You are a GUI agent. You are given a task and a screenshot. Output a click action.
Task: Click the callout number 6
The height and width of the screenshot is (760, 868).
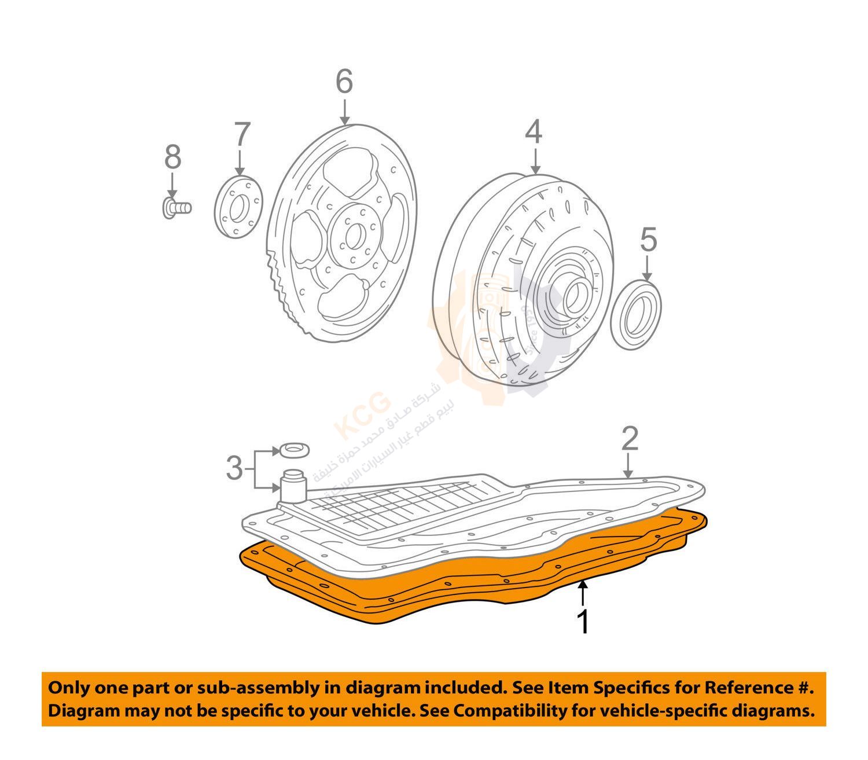(x=344, y=82)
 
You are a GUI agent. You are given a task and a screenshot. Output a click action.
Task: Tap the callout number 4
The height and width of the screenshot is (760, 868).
(x=534, y=132)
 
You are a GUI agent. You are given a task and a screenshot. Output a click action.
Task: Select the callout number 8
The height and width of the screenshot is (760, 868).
(x=172, y=157)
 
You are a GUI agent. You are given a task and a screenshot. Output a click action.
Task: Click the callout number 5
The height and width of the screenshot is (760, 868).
(x=648, y=240)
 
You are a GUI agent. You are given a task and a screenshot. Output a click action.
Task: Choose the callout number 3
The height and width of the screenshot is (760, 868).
(x=234, y=468)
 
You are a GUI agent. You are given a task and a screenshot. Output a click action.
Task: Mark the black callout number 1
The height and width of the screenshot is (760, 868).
(x=584, y=622)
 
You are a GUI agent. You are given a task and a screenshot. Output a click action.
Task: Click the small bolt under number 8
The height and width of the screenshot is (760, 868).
(x=176, y=207)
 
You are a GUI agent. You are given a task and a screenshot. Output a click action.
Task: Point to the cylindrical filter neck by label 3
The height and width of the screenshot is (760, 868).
(x=293, y=486)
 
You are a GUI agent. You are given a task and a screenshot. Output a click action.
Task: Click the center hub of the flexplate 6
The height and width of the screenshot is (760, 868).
(x=354, y=233)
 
